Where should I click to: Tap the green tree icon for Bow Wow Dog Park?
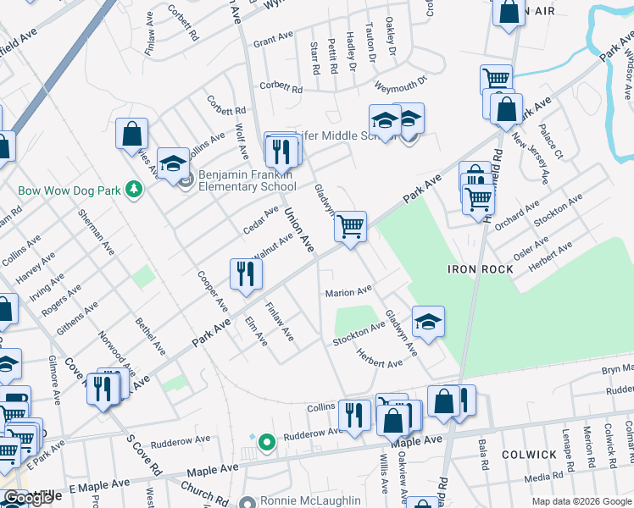point(132,188)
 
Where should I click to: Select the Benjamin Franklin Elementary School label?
point(246,180)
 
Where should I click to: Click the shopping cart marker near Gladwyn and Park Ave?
point(350,227)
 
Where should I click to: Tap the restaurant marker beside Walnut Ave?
point(246,274)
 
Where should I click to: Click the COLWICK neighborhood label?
point(529,455)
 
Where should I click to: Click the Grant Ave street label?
point(273,39)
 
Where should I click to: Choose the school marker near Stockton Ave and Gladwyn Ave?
point(428,322)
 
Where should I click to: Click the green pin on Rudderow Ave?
point(266,442)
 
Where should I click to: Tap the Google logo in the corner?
point(28,498)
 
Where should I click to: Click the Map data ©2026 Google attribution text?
point(581,501)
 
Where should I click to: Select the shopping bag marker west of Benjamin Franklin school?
point(131,134)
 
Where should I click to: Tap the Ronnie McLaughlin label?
point(310,500)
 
